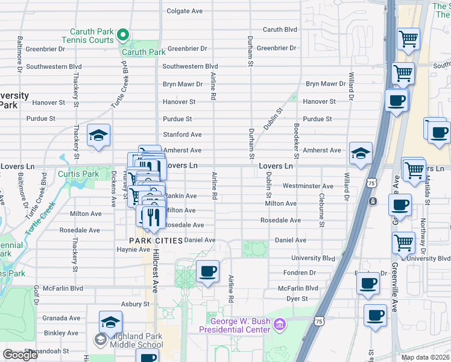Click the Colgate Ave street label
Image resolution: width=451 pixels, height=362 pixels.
click(x=184, y=11)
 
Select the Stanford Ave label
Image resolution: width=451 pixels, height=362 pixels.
click(x=182, y=135)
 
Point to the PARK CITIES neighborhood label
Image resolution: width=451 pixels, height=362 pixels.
click(x=156, y=241)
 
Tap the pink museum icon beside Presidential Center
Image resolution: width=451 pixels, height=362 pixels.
click(x=279, y=326)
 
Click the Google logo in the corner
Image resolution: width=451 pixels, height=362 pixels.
click(x=20, y=355)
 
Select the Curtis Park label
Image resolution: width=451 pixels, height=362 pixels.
click(x=78, y=174)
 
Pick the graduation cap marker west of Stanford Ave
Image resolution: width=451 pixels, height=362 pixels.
click(x=98, y=135)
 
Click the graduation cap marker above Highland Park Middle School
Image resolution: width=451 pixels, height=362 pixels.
click(x=110, y=322)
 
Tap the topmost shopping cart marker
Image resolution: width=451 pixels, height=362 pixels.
click(x=409, y=39)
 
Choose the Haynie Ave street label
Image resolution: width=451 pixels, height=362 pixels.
click(x=133, y=249)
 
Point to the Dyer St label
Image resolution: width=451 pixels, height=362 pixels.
click(x=297, y=299)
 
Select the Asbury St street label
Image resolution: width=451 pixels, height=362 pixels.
click(x=134, y=304)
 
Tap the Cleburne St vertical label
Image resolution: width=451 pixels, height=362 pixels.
click(x=322, y=215)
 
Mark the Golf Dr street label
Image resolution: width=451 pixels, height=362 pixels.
click(x=36, y=294)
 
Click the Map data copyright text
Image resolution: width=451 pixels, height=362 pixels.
click(x=425, y=357)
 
